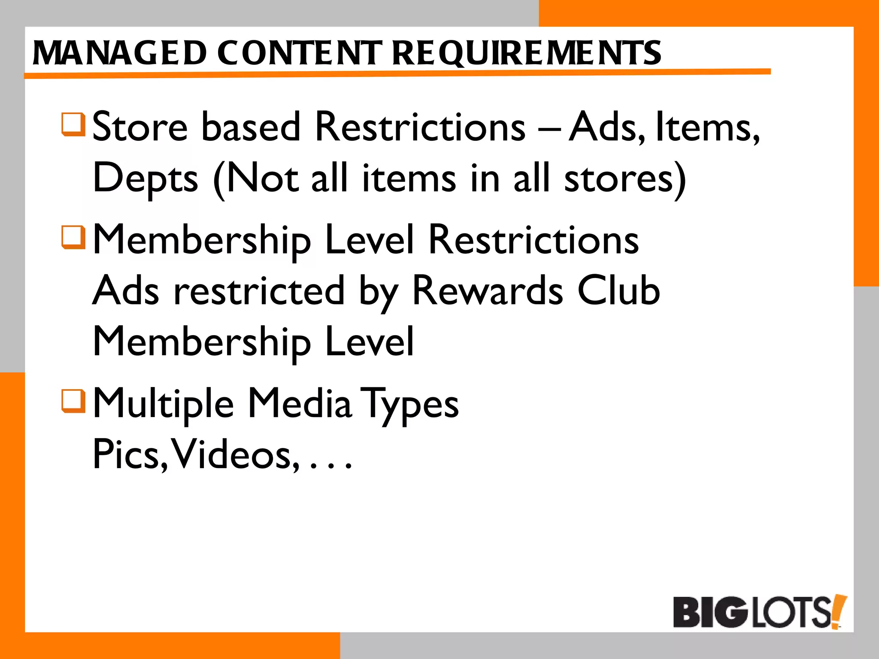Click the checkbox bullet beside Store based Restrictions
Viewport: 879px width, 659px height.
coord(73,124)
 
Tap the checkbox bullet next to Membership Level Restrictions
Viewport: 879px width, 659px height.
coord(73,237)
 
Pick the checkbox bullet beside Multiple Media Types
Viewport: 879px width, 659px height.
coord(73,401)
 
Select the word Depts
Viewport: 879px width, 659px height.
coord(145,178)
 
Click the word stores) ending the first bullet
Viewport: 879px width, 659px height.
coord(625,178)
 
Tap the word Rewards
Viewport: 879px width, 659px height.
coord(488,290)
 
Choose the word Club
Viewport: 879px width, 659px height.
coord(618,290)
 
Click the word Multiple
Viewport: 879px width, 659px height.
coord(164,403)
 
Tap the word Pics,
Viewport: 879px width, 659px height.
coord(130,454)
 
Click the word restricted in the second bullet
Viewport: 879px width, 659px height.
coord(259,290)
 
